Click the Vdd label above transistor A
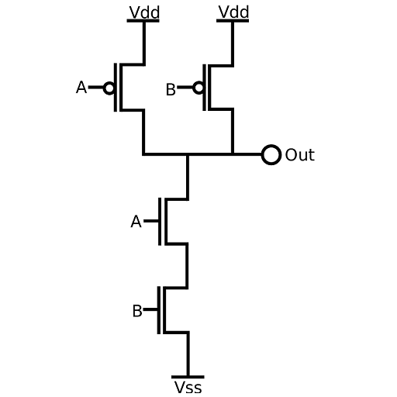(x=144, y=12)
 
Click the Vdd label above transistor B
(x=233, y=12)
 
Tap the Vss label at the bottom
(x=188, y=387)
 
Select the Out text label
(x=300, y=155)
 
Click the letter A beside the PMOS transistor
(x=81, y=88)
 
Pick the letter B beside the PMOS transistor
(x=171, y=90)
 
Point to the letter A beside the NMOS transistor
(x=136, y=222)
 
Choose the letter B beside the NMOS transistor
(x=137, y=311)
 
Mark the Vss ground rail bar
(x=188, y=377)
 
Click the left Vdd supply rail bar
(x=143, y=21)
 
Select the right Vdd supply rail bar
(x=233, y=21)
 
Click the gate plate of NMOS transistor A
(x=160, y=222)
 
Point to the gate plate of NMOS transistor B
(x=159, y=310)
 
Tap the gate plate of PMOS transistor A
(x=116, y=88)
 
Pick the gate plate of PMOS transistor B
(x=205, y=88)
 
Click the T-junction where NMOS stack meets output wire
(x=188, y=154)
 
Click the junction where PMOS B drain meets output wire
(x=233, y=154)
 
